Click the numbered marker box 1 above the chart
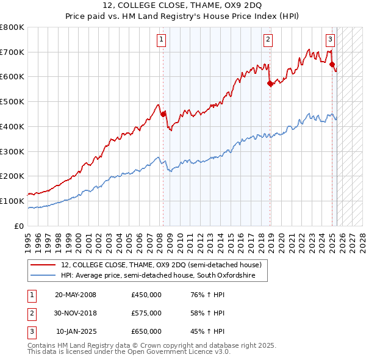click(162, 40)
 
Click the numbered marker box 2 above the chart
click(268, 40)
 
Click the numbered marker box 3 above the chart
click(330, 40)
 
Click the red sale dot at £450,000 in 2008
click(163, 113)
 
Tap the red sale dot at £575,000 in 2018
click(270, 84)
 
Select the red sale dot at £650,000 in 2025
click(332, 64)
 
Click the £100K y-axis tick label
click(12, 201)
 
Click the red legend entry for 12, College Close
click(161, 265)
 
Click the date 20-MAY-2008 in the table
click(76, 295)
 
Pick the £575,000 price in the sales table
click(146, 313)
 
